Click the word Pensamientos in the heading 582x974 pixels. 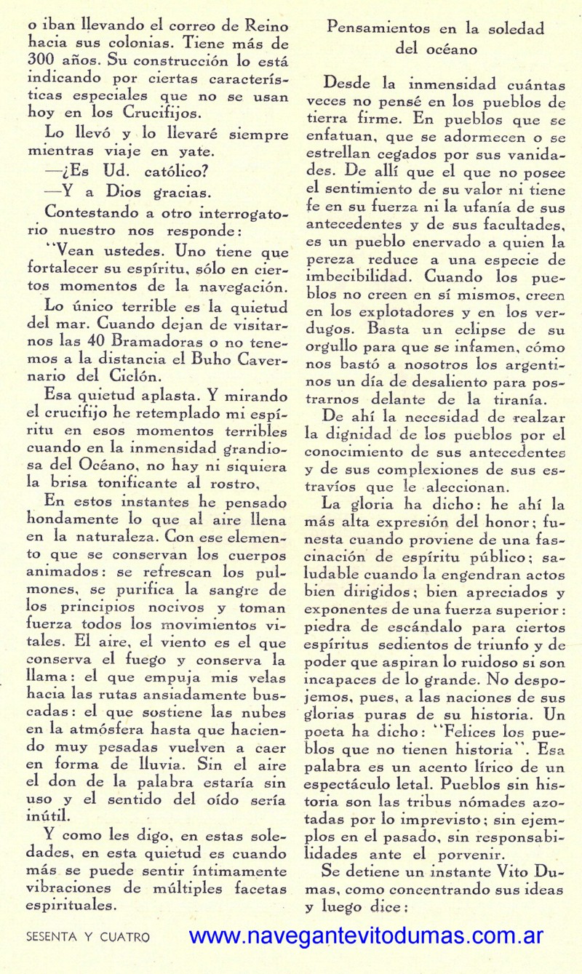coord(370,28)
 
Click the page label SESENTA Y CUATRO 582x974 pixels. coord(87,938)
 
